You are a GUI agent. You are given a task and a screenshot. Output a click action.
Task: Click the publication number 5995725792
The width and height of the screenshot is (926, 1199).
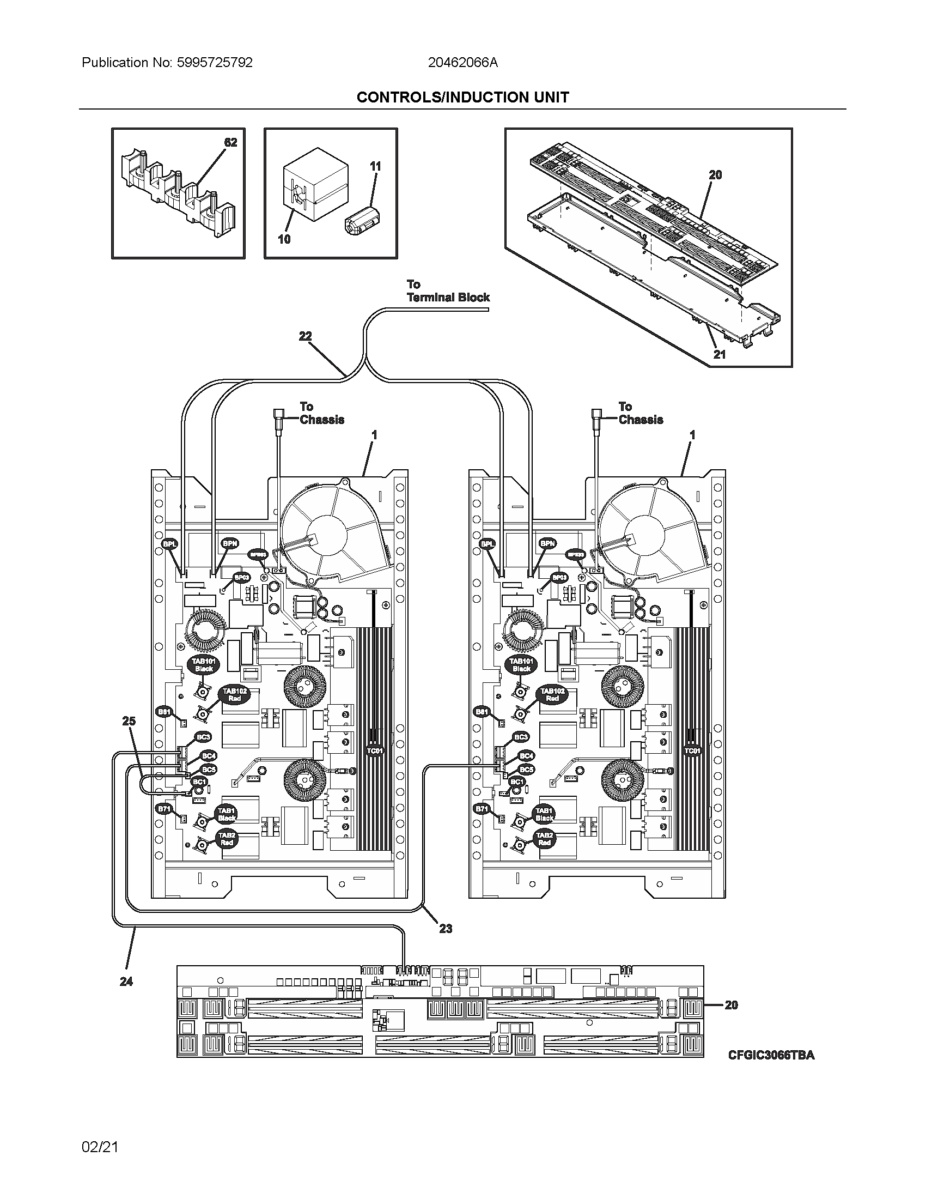click(x=214, y=63)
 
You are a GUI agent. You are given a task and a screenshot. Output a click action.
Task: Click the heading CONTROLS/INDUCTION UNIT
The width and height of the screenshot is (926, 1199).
click(x=462, y=97)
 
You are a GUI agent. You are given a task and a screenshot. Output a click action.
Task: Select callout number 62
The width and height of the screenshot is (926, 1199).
click(x=230, y=142)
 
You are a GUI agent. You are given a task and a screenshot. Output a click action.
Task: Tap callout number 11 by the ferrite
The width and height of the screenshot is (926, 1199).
click(x=375, y=166)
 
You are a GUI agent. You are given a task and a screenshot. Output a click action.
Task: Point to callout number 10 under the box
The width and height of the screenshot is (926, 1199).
click(x=284, y=239)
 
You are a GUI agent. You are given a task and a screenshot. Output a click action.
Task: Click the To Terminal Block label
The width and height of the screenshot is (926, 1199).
click(x=448, y=291)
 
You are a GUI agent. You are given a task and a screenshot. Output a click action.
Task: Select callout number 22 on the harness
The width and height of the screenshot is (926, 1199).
click(x=305, y=336)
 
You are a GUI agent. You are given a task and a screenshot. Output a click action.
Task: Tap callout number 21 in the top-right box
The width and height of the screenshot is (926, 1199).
click(x=718, y=355)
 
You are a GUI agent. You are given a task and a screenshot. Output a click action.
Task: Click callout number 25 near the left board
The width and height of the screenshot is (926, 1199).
click(x=129, y=721)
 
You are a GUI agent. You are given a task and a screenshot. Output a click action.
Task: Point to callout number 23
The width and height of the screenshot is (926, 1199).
click(x=445, y=928)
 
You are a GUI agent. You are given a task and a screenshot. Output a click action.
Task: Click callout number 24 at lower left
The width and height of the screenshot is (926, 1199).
click(x=126, y=982)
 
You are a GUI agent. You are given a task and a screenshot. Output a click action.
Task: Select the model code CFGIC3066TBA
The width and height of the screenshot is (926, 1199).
click(x=771, y=1055)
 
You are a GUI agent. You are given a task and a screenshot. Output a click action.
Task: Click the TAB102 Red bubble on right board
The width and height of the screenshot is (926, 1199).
click(x=552, y=694)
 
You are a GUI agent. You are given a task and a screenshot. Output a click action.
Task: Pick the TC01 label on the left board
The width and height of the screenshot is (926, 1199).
click(x=375, y=750)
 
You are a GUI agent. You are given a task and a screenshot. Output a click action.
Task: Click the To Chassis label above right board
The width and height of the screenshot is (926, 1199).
click(x=640, y=413)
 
